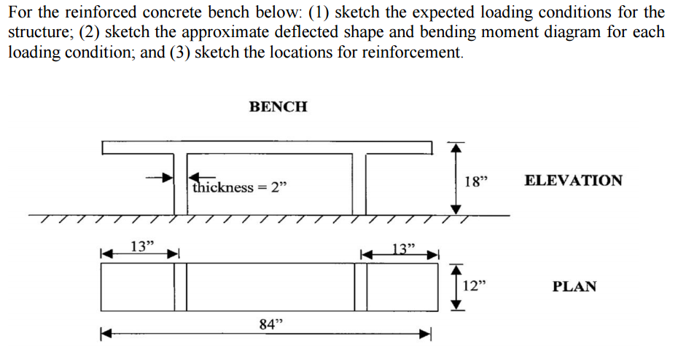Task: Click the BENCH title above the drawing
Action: click(x=278, y=106)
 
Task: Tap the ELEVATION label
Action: click(x=573, y=180)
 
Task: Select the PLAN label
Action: click(x=574, y=286)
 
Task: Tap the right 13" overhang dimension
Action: click(x=403, y=249)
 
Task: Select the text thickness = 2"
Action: click(x=240, y=187)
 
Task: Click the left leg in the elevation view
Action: click(x=181, y=184)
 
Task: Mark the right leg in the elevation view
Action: click(x=359, y=184)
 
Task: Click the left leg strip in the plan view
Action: click(x=181, y=287)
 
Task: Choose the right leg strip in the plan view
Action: click(x=361, y=287)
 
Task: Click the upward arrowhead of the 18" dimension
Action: click(x=454, y=148)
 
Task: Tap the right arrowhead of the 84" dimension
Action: click(x=426, y=333)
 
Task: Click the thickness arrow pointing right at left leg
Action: click(x=159, y=177)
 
